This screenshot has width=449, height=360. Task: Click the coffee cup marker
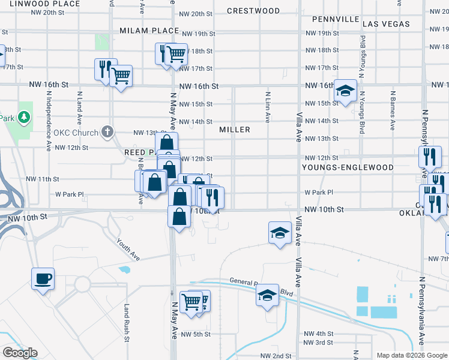tap(43, 279)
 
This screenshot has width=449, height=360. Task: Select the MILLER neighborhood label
tap(235, 130)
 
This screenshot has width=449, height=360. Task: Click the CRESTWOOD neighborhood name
tap(253, 11)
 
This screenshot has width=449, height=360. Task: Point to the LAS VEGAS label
tap(386, 24)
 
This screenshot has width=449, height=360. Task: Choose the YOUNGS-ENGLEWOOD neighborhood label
tap(348, 167)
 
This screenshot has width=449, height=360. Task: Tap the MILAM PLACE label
tap(149, 30)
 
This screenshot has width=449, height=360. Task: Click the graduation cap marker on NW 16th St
tap(345, 91)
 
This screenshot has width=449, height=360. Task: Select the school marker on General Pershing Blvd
tap(267, 295)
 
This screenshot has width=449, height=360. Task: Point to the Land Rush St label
tap(127, 323)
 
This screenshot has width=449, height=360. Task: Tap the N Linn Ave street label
tap(268, 106)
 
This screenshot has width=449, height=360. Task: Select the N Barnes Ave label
tap(393, 110)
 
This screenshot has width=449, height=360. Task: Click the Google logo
tap(20, 353)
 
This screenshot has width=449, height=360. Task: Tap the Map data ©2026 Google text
tap(412, 355)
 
